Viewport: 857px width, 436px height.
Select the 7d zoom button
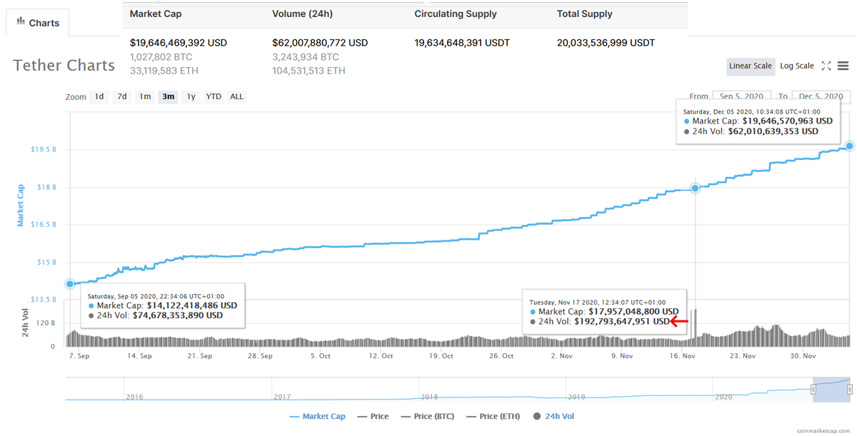point(122,96)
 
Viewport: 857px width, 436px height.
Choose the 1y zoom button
point(191,96)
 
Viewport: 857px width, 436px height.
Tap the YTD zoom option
point(214,96)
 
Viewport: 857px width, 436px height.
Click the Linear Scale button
point(750,66)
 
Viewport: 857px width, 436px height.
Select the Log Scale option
point(796,66)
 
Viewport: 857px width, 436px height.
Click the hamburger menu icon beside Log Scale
point(843,66)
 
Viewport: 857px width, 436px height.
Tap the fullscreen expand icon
point(826,66)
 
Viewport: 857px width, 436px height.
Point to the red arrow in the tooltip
point(679,321)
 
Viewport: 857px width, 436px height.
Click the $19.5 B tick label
point(44,150)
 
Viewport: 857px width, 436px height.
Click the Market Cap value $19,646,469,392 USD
point(179,43)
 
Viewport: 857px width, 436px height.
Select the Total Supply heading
point(584,14)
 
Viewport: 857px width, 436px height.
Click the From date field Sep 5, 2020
point(741,96)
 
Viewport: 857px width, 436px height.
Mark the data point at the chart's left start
point(70,283)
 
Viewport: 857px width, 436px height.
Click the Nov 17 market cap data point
point(695,188)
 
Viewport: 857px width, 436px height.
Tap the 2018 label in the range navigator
point(429,396)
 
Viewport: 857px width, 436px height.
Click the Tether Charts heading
point(64,66)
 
